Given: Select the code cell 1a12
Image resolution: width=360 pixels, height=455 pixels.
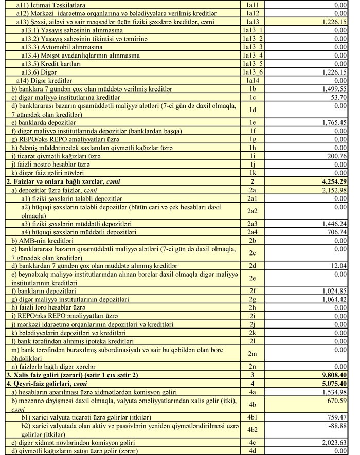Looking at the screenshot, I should click(x=255, y=13).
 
